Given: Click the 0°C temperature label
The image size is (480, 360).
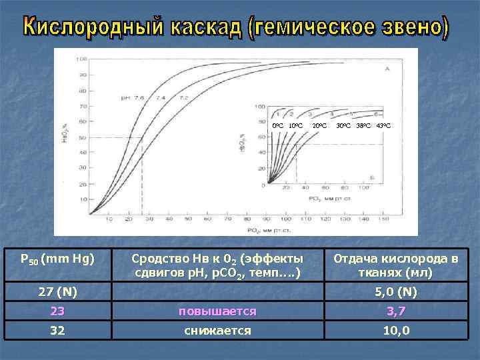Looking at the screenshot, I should [277, 125].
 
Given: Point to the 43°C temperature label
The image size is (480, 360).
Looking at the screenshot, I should [384, 125].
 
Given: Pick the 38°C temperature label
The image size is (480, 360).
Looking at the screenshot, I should [364, 125].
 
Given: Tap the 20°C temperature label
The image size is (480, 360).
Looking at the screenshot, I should [320, 125].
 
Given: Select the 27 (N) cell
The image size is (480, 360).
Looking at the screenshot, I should [57, 291].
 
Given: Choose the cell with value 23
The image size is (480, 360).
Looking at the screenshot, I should [57, 311].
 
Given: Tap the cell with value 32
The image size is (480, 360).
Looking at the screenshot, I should [57, 330].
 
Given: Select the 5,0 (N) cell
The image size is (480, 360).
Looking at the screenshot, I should [397, 291].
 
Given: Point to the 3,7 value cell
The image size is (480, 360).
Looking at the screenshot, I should [397, 311].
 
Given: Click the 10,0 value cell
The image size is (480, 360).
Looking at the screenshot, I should [397, 330].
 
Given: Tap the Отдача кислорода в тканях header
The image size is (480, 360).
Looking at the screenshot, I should [396, 265].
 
